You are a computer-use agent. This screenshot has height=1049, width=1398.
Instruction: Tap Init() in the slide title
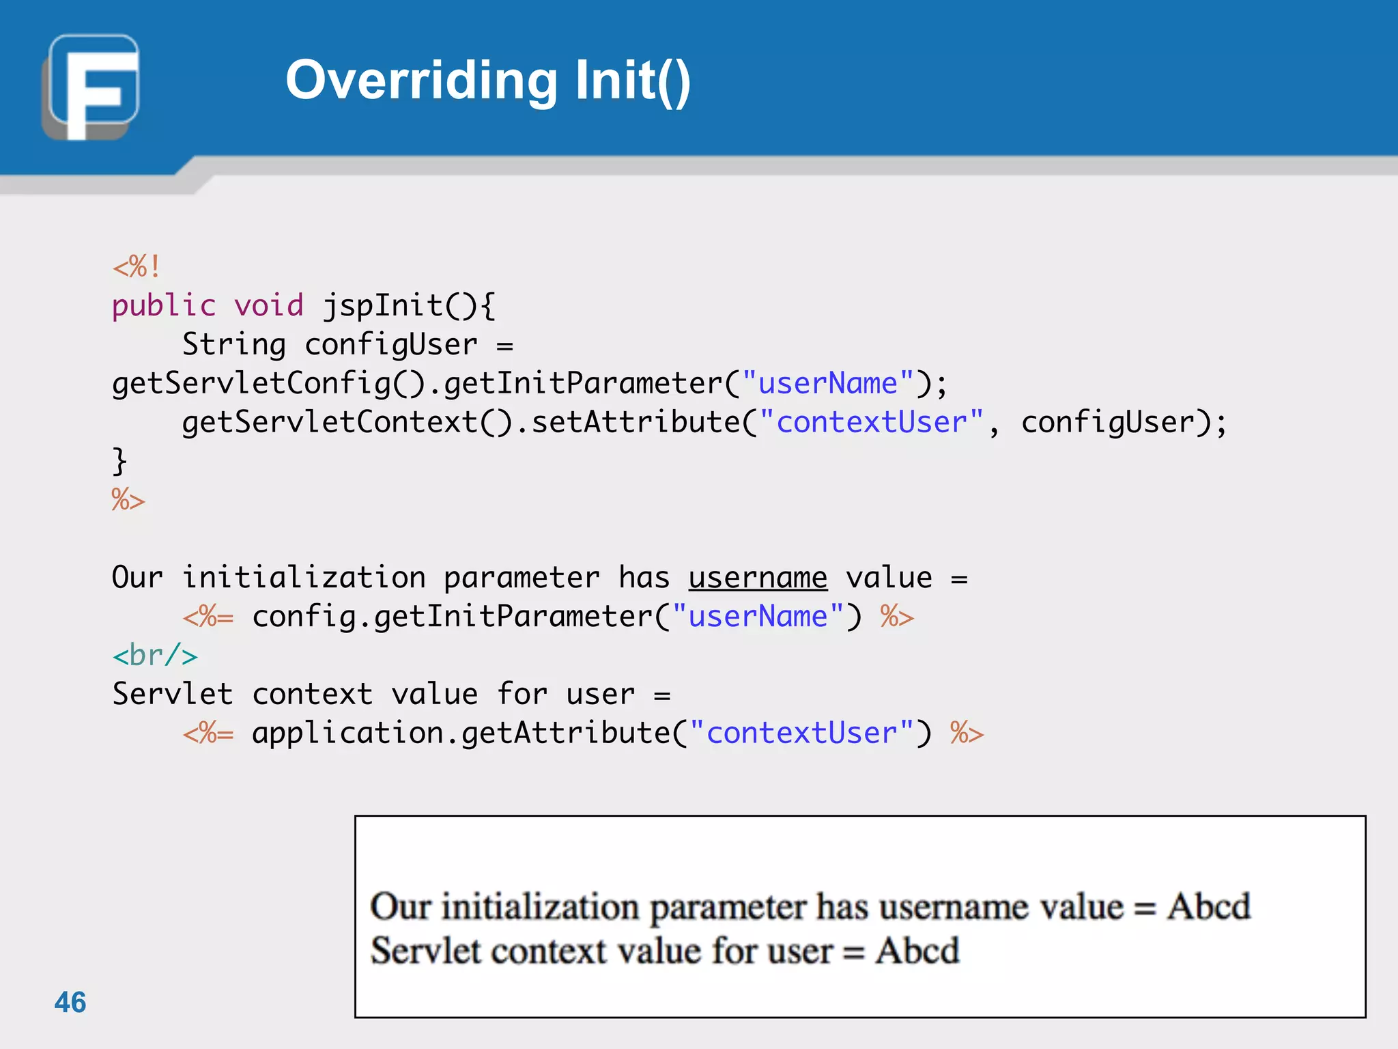point(632,81)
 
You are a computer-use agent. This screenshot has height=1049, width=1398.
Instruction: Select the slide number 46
point(70,1002)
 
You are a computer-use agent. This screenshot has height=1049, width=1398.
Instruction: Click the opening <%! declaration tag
point(137,266)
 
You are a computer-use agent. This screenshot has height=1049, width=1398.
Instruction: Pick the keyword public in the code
point(164,305)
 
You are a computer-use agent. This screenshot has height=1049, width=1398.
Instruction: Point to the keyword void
point(269,305)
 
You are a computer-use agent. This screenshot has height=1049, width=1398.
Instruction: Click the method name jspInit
point(383,305)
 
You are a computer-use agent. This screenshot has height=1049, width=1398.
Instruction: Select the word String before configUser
point(234,344)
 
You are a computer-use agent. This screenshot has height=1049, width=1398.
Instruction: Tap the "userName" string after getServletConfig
point(827,383)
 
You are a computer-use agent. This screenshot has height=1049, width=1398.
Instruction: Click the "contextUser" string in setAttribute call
point(871,422)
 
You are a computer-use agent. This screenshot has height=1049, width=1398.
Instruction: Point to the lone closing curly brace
point(119,461)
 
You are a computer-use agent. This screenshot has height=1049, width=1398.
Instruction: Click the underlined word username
point(758,578)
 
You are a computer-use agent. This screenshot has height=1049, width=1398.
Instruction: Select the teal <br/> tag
point(155,656)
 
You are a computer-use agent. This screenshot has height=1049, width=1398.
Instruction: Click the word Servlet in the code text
point(173,695)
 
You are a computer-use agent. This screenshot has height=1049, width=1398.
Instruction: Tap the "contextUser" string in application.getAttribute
point(801,733)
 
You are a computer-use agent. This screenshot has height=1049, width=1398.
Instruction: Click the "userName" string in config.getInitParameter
point(758,617)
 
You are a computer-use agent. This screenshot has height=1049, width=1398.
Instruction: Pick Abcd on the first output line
point(1208,907)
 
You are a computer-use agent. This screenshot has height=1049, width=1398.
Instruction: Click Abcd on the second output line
point(917,951)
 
